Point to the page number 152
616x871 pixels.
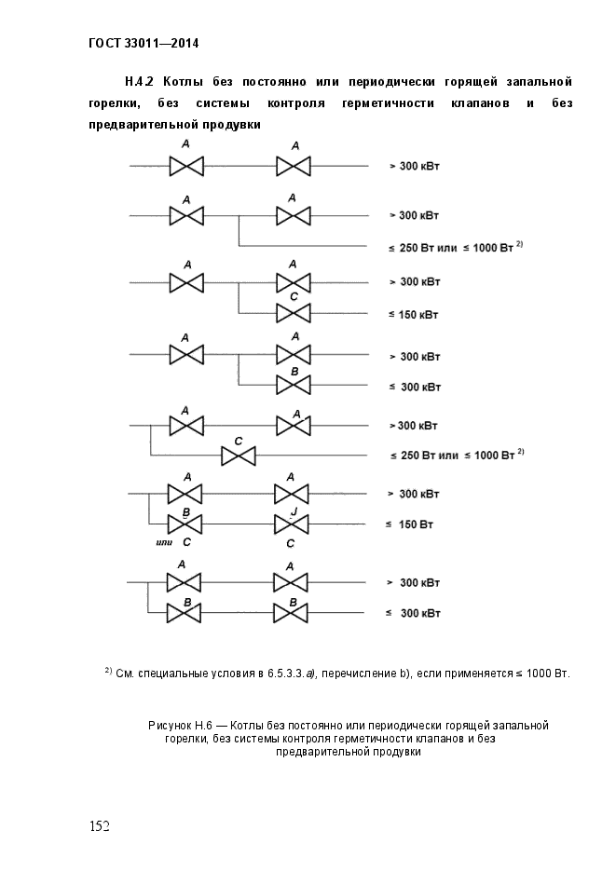[x=100, y=826]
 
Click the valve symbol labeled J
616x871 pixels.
[x=290, y=524]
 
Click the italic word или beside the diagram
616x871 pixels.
[x=167, y=541]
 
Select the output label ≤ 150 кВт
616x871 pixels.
[x=413, y=314]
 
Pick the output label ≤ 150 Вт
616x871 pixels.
[x=411, y=524]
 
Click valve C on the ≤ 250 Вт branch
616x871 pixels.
[x=238, y=456]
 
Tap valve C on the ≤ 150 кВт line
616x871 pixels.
[x=293, y=313]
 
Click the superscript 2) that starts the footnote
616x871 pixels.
[x=108, y=670]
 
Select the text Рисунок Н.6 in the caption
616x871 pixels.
[x=182, y=725]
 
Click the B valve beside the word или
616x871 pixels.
[x=185, y=524]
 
